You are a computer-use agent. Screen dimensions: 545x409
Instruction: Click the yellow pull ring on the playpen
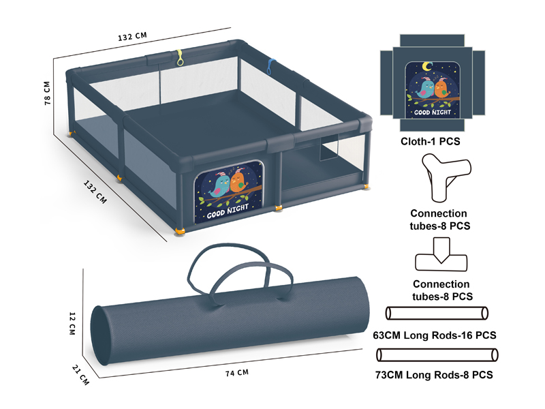(x=180, y=58)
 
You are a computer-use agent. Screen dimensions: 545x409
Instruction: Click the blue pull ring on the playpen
(x=270, y=67)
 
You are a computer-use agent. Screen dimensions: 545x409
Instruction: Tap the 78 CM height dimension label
(x=47, y=93)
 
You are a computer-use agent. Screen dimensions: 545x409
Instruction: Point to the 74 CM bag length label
(x=237, y=373)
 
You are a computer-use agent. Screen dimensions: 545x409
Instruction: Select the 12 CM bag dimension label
(x=72, y=323)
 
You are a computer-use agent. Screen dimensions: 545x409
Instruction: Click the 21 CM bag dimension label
(x=80, y=375)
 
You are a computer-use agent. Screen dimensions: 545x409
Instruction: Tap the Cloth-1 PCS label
(x=431, y=142)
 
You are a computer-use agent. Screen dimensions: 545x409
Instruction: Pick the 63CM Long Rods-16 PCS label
(x=435, y=335)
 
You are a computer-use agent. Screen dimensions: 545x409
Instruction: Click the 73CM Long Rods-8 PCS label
(x=434, y=375)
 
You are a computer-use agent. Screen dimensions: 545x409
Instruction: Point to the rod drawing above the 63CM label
(x=437, y=313)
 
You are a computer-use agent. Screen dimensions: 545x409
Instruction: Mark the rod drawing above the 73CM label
(x=437, y=355)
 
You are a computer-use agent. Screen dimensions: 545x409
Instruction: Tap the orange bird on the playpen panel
(x=238, y=181)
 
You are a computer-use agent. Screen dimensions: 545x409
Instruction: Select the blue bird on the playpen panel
(x=219, y=186)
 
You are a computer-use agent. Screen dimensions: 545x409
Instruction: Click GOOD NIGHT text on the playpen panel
(x=228, y=211)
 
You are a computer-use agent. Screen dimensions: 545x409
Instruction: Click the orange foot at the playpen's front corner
(x=181, y=231)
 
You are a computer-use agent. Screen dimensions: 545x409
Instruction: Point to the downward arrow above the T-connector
(x=441, y=250)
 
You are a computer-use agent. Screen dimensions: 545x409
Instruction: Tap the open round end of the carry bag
(x=101, y=335)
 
